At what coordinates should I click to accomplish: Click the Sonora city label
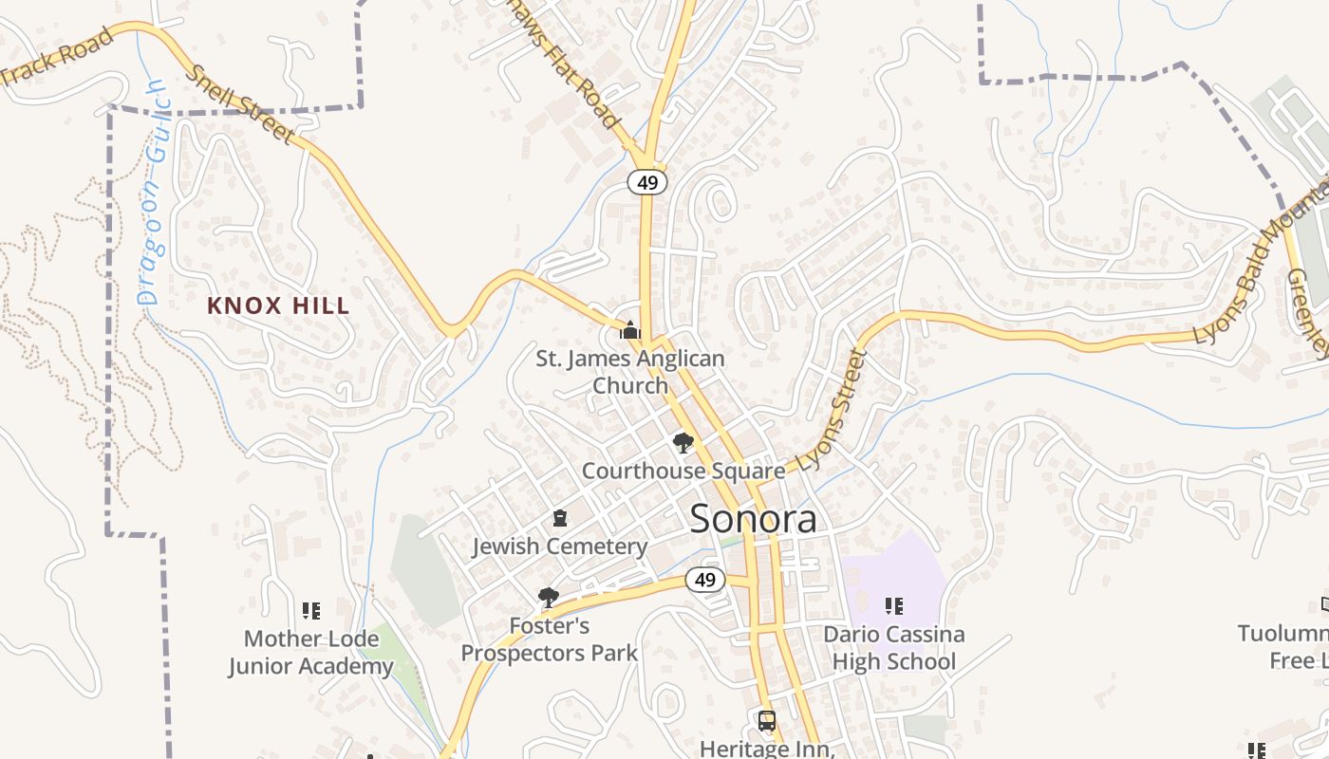click(753, 519)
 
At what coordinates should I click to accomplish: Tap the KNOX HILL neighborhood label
click(278, 305)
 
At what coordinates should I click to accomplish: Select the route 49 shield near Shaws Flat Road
click(647, 182)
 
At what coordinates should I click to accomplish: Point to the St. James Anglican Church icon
click(629, 330)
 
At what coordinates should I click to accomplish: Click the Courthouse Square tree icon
click(683, 442)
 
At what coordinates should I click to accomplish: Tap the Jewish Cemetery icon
click(560, 519)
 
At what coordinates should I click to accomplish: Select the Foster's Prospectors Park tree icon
click(548, 598)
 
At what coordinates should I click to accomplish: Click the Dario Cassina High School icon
click(893, 605)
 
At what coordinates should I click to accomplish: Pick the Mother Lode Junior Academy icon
click(311, 610)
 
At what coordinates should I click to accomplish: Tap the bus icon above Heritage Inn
click(767, 720)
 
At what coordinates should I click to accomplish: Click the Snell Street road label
click(239, 104)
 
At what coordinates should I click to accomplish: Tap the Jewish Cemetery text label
click(560, 546)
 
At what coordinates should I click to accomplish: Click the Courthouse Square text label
click(683, 471)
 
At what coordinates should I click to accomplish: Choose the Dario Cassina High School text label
click(893, 648)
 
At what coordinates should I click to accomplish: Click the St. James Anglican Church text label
click(630, 372)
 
